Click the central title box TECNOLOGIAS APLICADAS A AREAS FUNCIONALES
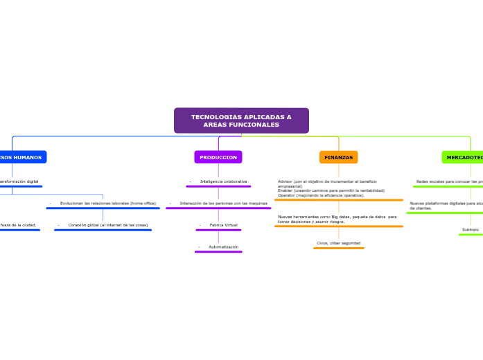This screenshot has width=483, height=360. tap(241, 120)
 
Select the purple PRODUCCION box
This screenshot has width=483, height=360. tap(218, 157)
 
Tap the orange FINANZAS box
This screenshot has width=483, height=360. tap(339, 157)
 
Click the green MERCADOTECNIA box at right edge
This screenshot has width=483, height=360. tap(464, 157)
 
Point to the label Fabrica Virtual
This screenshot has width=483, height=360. tap(223, 225)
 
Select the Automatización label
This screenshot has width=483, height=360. tap(223, 246)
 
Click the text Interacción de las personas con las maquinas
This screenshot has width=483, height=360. tap(223, 203)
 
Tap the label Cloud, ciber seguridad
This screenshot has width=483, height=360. tap(338, 243)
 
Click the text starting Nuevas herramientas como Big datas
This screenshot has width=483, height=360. tap(337, 219)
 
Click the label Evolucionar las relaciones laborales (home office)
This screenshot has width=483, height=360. tap(107, 203)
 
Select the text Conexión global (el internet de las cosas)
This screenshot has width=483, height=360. tap(107, 225)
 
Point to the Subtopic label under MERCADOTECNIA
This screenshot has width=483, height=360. tap(471, 229)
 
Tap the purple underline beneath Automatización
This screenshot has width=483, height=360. tap(218, 252)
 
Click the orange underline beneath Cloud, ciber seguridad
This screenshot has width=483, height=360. tap(338, 248)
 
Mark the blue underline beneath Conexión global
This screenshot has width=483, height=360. tap(103, 230)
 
